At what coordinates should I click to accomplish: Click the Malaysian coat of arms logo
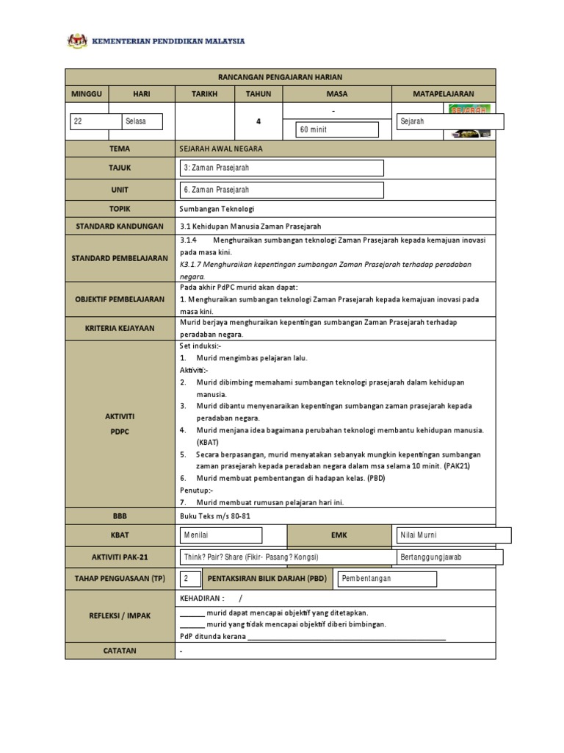click(77, 41)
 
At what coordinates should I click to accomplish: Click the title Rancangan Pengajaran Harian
click(281, 77)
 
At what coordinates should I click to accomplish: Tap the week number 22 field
click(95, 121)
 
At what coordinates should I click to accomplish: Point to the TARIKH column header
click(204, 94)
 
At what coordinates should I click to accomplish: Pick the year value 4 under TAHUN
click(258, 121)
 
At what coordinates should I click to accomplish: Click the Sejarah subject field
click(449, 121)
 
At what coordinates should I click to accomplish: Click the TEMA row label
click(120, 148)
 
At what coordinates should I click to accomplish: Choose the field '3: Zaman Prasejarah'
click(282, 168)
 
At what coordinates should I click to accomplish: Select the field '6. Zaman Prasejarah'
click(282, 190)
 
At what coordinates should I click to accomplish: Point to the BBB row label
click(120, 517)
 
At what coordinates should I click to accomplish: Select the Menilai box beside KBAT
click(220, 535)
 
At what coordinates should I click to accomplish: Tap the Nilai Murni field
click(449, 535)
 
